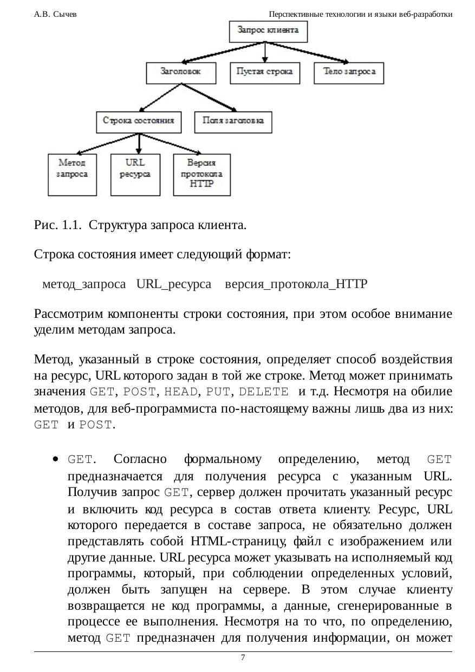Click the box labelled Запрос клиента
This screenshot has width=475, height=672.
(x=268, y=31)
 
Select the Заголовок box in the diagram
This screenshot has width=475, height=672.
(x=181, y=73)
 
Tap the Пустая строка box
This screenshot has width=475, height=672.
(x=265, y=73)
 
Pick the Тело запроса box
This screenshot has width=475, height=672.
(x=349, y=73)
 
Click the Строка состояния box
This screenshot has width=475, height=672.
(x=139, y=121)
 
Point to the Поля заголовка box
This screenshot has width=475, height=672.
(x=233, y=121)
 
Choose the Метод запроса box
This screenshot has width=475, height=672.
(x=72, y=174)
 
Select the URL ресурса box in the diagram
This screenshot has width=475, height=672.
(x=135, y=174)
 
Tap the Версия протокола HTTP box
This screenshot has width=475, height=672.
(x=201, y=174)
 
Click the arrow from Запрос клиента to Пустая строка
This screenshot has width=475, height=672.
(x=265, y=52)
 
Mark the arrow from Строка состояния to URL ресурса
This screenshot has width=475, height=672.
(x=139, y=143)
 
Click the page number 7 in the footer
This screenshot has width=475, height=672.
(x=243, y=657)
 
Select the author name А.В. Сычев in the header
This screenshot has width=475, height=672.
(x=55, y=14)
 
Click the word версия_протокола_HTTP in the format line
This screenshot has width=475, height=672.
(x=296, y=284)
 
